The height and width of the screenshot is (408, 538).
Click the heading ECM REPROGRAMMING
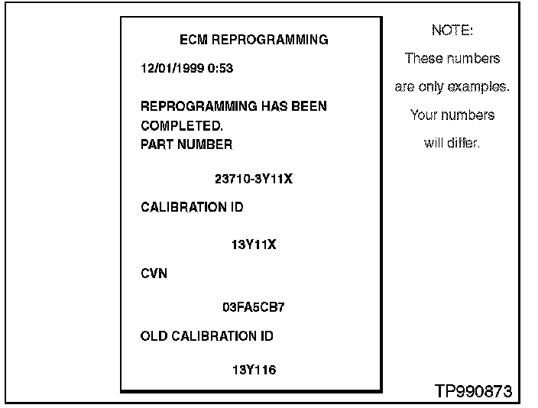(x=253, y=40)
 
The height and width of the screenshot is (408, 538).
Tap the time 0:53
(x=221, y=68)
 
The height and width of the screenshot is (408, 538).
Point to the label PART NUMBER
(x=186, y=144)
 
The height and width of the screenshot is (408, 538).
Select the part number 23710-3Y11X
(x=254, y=181)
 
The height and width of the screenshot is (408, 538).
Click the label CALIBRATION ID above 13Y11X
(x=192, y=207)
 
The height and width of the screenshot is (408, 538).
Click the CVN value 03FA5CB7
(x=254, y=308)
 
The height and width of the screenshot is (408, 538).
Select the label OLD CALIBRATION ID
(x=207, y=335)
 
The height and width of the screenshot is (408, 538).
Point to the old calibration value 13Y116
(x=254, y=371)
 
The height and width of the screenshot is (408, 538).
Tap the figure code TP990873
(x=473, y=390)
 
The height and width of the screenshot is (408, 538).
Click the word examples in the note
(x=480, y=87)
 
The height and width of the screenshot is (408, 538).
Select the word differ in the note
(x=463, y=144)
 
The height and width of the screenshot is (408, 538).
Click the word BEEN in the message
(x=309, y=106)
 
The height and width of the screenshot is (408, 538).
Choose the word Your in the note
(x=423, y=115)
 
